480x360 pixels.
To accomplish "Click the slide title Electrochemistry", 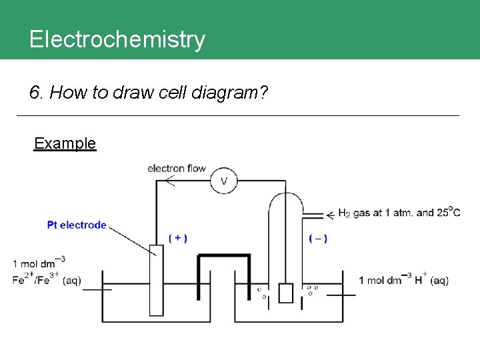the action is coord(117,39).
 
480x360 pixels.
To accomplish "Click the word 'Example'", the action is coord(65,143).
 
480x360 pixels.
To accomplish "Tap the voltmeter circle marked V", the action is coord(224,181).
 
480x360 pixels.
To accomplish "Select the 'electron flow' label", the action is coord(177,168).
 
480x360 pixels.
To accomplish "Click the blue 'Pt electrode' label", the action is coord(77,225).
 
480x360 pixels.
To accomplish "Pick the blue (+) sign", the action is coord(177,238).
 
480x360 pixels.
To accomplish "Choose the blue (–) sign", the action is coord(318,238).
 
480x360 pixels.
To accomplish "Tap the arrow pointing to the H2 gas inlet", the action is coord(329,215).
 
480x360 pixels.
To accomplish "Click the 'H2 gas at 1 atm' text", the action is coord(379,213).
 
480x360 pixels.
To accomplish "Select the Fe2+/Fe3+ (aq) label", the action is coord(47,280).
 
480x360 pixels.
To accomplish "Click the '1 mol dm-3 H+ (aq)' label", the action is coord(403,280).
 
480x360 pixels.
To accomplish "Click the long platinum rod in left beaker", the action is coord(156,280).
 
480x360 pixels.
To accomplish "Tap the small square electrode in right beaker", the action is coord(285,293).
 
